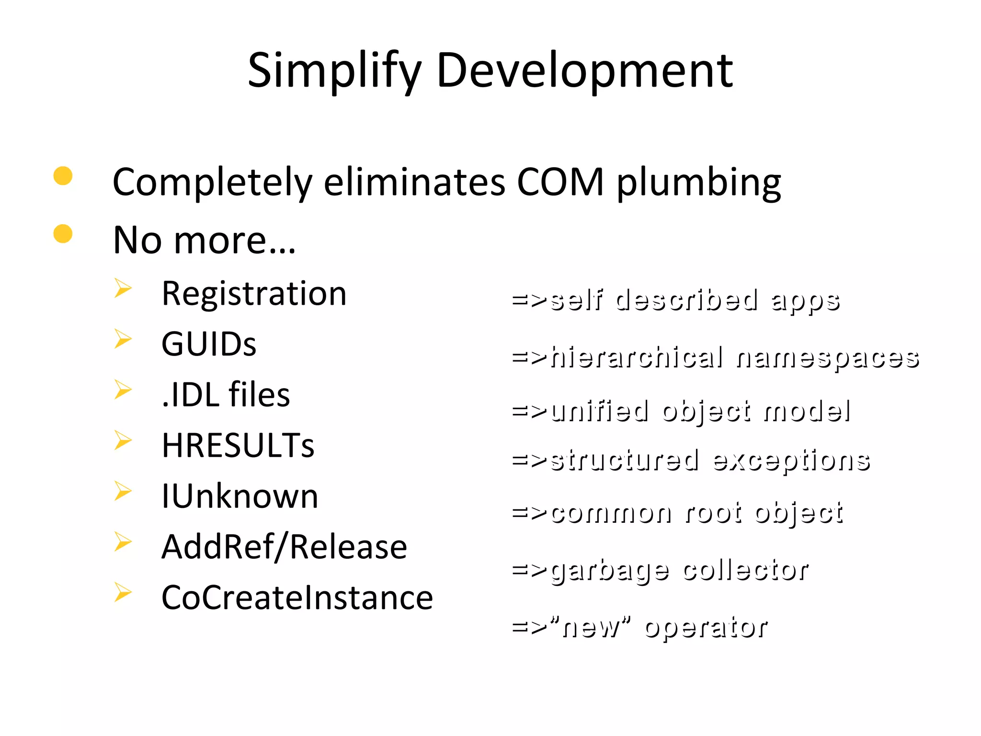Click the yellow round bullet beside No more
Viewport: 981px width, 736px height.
pyautogui.click(x=63, y=234)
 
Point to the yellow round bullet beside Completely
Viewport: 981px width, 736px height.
pyautogui.click(x=63, y=175)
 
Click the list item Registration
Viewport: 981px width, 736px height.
pyautogui.click(x=254, y=293)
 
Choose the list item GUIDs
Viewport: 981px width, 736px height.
pyautogui.click(x=209, y=344)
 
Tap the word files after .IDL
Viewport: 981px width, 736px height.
pyautogui.click(x=259, y=395)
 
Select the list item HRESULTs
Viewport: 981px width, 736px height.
pyautogui.click(x=238, y=446)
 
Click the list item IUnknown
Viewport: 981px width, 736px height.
pyautogui.click(x=240, y=496)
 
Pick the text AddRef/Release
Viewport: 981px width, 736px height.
pyautogui.click(x=284, y=547)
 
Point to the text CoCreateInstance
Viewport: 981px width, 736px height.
pyautogui.click(x=297, y=598)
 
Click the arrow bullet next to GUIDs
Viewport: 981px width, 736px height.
pyautogui.click(x=123, y=339)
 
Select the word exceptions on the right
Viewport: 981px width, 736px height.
pyautogui.click(x=791, y=461)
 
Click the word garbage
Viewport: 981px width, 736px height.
pyautogui.click(x=610, y=571)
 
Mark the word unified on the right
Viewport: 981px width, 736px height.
pyautogui.click(x=599, y=411)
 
